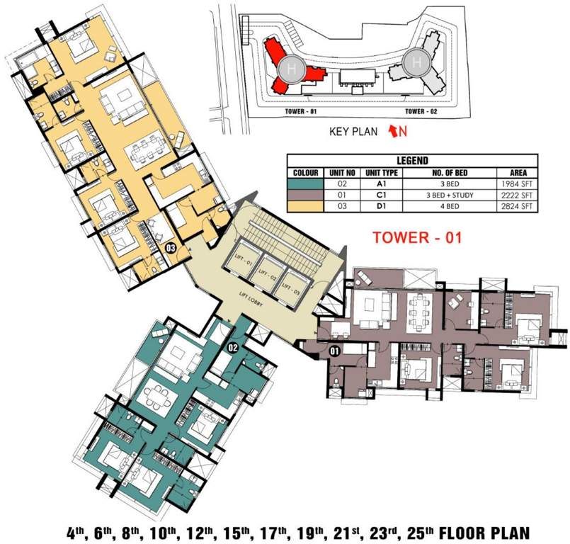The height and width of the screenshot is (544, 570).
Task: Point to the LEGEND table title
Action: coord(414,161)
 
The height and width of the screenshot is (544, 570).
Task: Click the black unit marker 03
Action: coord(171,249)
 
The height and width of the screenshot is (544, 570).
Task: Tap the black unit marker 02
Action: coord(232,347)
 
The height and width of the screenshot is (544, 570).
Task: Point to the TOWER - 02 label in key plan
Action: coord(424,112)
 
